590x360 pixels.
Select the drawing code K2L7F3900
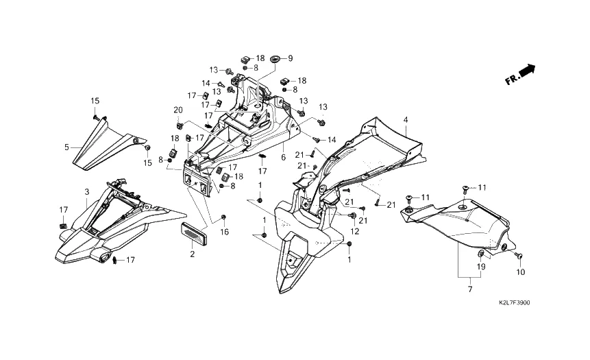coord(515,302)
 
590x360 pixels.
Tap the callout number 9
coord(290,58)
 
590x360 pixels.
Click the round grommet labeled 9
coord(275,59)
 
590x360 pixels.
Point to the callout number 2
coord(193,254)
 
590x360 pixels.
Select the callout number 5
coord(66,147)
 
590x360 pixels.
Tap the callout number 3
coord(87,192)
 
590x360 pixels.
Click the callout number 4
coord(405,120)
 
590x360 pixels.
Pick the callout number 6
coord(283,158)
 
